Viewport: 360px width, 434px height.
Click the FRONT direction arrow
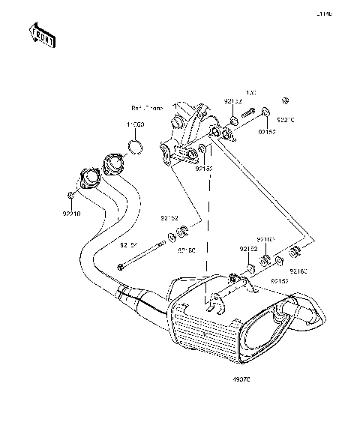tap(42, 34)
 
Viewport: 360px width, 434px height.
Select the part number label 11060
tap(135, 124)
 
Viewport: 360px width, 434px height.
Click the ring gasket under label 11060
tap(135, 145)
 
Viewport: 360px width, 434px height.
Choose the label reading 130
tap(251, 93)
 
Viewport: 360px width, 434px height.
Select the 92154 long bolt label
tap(130, 244)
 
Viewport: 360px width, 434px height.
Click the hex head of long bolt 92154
tap(121, 267)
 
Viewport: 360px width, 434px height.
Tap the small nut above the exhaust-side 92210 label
tap(70, 196)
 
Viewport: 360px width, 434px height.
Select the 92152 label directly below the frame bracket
tap(203, 169)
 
